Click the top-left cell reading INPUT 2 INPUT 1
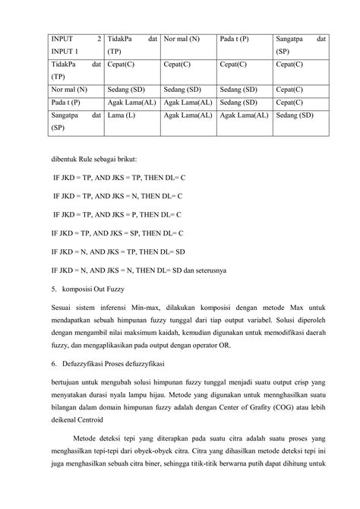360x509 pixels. (x=76, y=45)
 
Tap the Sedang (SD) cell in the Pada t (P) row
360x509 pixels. (x=238, y=103)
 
